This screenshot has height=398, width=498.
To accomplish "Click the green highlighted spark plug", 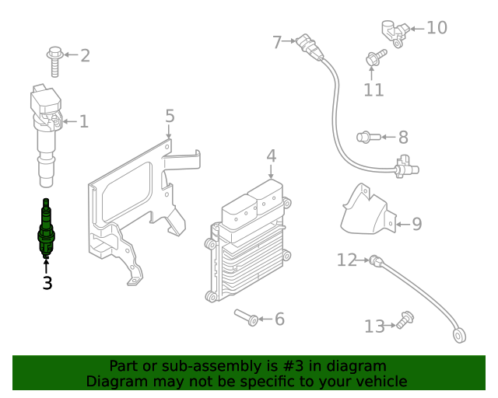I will point(47,231).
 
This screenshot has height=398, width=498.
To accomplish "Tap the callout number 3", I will point(47,283).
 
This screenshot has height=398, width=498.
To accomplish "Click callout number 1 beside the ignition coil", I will point(84,121).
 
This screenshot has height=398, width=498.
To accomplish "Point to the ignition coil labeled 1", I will point(47,132).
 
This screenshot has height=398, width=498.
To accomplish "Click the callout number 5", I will point(170,117).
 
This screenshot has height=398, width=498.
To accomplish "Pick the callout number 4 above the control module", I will point(271,156).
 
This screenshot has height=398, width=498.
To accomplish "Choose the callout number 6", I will point(279,319).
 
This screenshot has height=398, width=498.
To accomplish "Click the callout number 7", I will point(276,42).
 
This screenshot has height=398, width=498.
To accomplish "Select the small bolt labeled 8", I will point(366,138).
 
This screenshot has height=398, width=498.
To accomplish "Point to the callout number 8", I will point(402,138).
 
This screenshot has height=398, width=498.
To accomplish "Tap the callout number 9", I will point(416,225).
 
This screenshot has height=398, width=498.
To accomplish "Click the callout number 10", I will point(437,28).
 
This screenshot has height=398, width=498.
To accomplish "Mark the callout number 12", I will point(346,260).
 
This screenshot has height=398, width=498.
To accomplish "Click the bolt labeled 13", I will point(404,319).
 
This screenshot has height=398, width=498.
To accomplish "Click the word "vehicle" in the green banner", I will point(378,381).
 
